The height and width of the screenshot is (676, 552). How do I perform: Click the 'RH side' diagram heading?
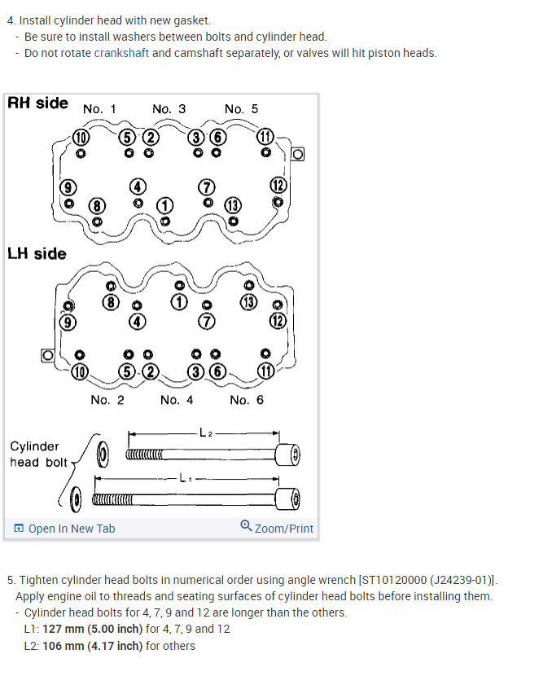[x=37, y=103]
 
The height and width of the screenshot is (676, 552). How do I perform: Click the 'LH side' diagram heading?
[x=37, y=253]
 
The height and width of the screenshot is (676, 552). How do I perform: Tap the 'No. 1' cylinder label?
[x=99, y=109]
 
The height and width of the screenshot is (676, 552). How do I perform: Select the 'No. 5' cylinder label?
[x=241, y=109]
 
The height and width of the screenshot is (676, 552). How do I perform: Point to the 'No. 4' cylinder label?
[x=177, y=400]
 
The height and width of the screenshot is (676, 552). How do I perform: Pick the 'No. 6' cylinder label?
[x=247, y=400]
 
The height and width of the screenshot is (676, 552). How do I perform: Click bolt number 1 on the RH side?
[x=165, y=205]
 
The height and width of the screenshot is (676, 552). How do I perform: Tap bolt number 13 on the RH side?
[x=234, y=205]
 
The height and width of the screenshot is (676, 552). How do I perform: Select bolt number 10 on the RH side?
[x=81, y=137]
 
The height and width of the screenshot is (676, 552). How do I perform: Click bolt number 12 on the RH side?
[x=278, y=186]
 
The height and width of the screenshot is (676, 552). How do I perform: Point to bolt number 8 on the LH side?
[x=112, y=303]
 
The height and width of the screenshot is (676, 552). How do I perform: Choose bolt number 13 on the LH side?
[x=248, y=303]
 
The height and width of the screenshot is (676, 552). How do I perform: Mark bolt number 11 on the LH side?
[x=266, y=371]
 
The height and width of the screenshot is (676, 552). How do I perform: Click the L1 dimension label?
[x=185, y=478]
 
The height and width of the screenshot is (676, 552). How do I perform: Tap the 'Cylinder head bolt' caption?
[x=38, y=454]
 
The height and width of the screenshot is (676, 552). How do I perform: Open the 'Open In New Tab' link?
[x=64, y=529]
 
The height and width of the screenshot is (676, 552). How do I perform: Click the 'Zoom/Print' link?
[x=277, y=528]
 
